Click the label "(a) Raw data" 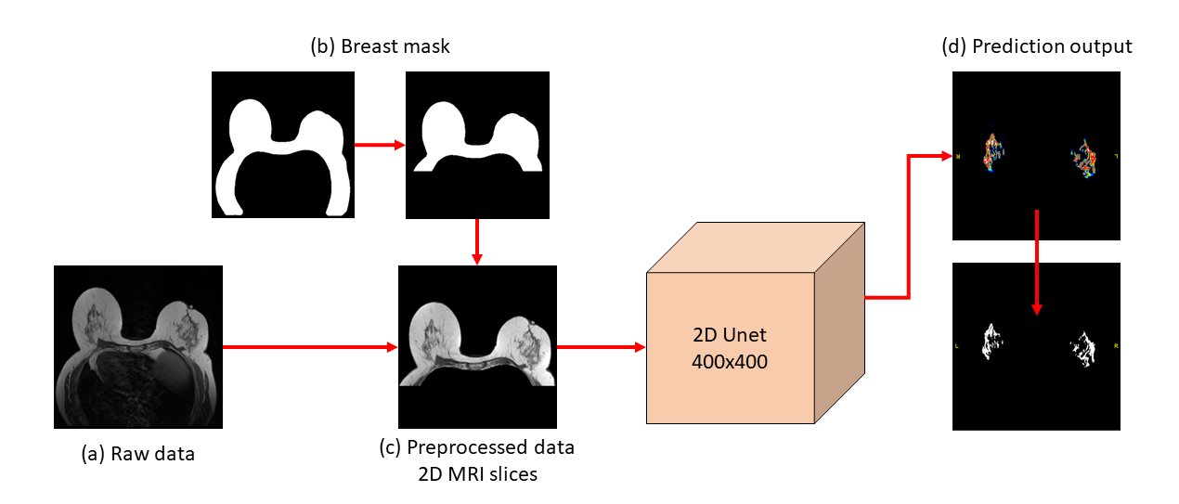coord(137,454)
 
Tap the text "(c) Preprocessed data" coord(477,447)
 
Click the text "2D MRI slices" coord(477,474)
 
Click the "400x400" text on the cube coord(730,362)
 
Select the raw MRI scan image coord(138,346)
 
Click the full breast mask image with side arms coord(283,144)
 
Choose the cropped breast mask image coord(476,144)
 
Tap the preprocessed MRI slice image coord(476,346)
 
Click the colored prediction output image coord(1036,157)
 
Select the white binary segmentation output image coord(1036,346)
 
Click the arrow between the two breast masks coord(381,145)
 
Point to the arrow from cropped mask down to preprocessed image coord(476,241)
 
